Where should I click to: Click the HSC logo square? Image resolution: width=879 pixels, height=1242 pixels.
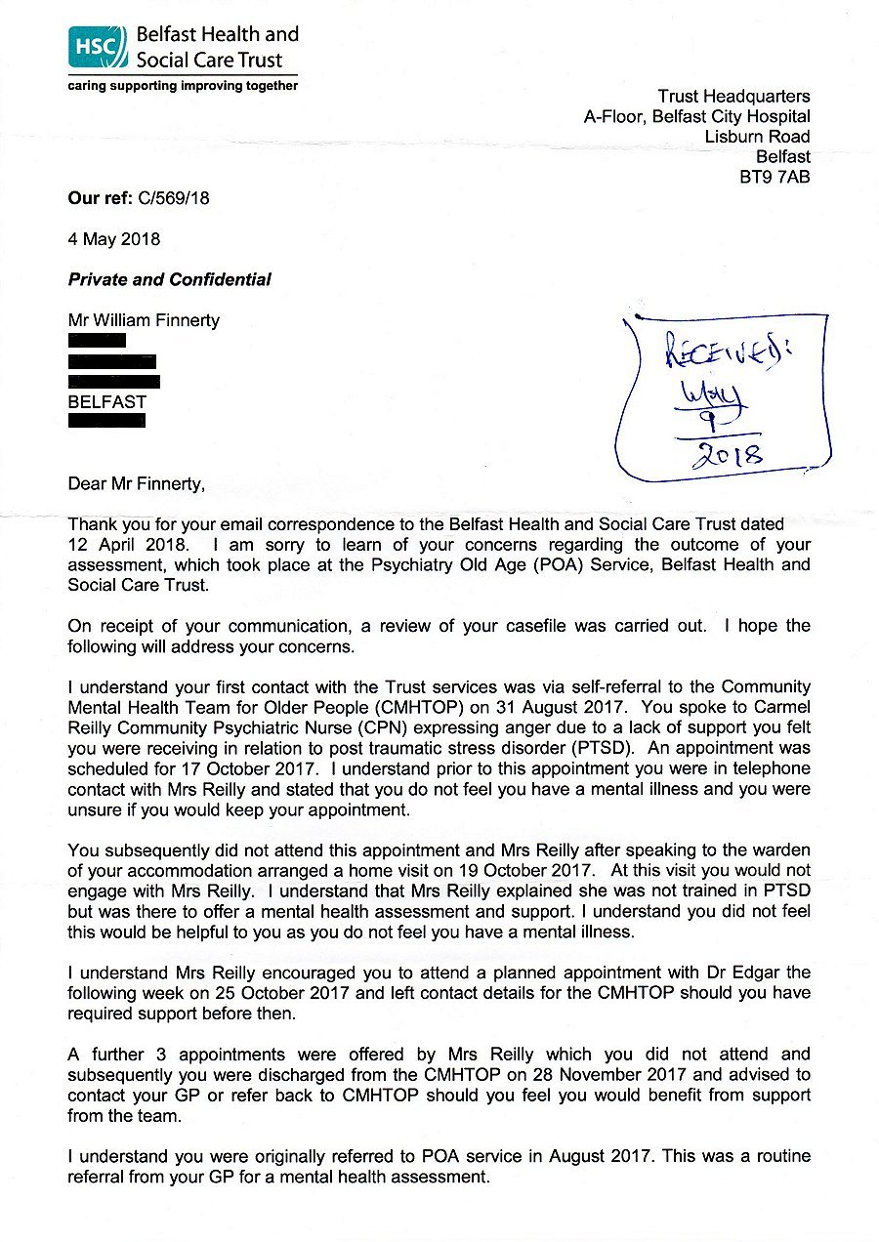(x=98, y=47)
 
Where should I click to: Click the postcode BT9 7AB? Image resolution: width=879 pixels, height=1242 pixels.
(x=775, y=178)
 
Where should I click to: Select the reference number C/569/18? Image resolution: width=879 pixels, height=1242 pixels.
(x=168, y=199)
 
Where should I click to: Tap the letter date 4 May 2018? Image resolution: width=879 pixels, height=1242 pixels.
(x=114, y=239)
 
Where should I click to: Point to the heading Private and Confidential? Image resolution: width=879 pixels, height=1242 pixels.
(x=169, y=280)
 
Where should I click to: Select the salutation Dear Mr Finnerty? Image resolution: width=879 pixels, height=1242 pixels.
(x=137, y=483)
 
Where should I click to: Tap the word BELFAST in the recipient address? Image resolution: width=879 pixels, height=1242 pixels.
(x=106, y=401)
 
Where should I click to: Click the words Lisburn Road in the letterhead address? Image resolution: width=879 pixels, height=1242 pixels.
(x=757, y=137)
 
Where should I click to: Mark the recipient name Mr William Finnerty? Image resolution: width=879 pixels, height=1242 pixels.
(x=144, y=320)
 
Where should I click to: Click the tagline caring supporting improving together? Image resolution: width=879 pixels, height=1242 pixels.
(x=183, y=86)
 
